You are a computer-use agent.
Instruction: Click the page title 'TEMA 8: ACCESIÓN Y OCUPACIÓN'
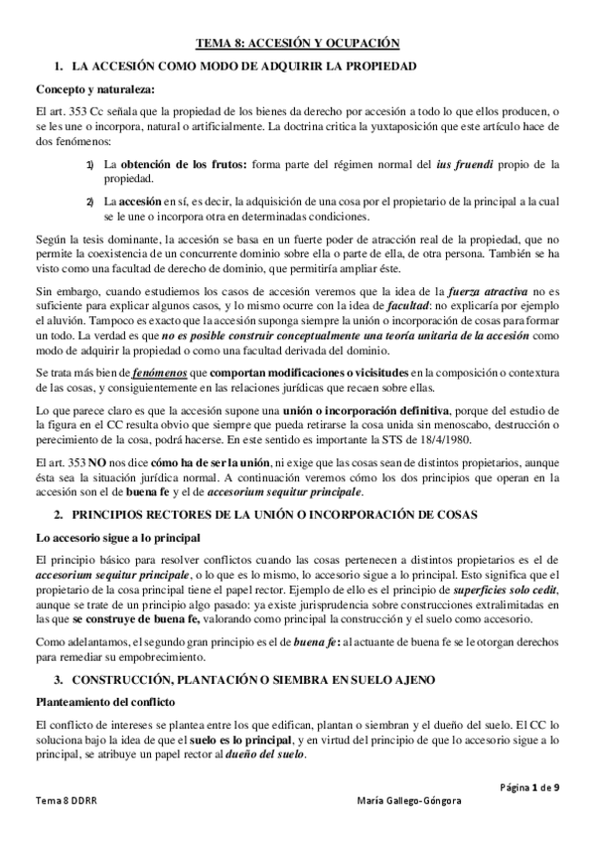(x=297, y=43)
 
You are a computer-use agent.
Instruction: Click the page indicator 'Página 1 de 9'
(x=529, y=787)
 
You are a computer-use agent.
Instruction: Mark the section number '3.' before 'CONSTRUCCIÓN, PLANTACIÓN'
(x=61, y=680)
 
